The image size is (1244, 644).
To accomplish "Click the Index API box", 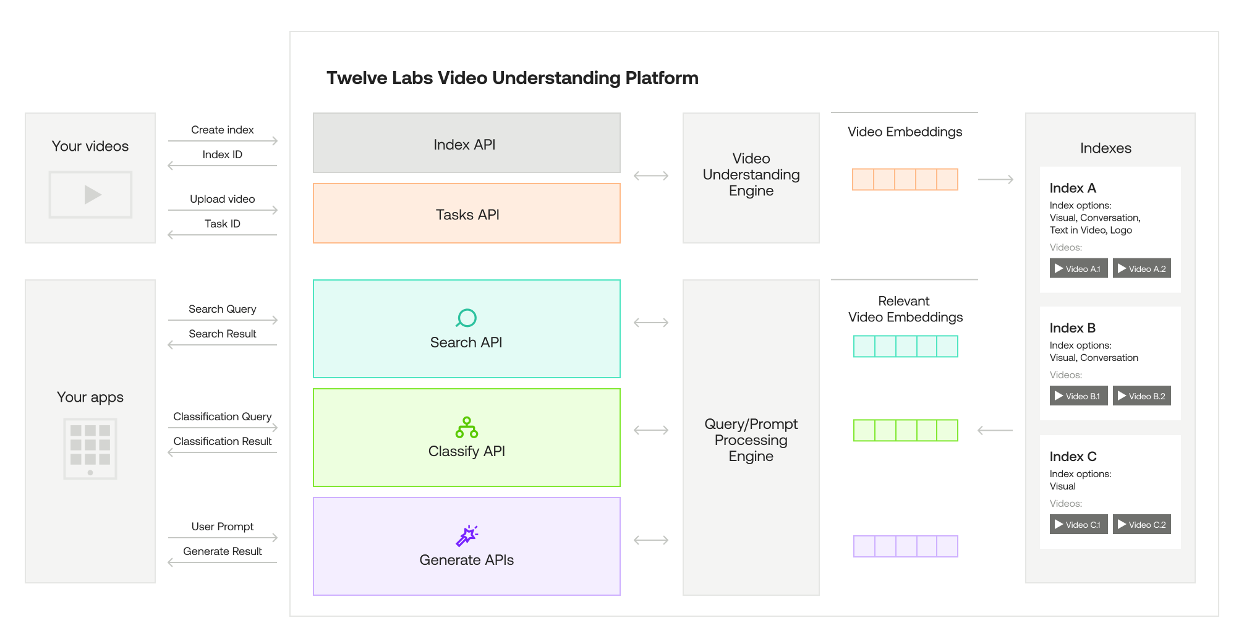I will pos(466,143).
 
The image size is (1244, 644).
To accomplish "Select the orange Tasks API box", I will pos(466,214).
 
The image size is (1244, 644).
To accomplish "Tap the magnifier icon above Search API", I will pos(466,318).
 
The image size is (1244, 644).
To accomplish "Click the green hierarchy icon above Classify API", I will pos(466,427).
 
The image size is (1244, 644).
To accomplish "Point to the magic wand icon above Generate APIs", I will pos(467,535).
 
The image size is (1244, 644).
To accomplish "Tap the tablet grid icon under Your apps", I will pos(90,449).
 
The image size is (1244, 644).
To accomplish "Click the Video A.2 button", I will pos(1141,268).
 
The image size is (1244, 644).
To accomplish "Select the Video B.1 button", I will pos(1078,396).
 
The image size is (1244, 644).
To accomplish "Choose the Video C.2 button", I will pos(1141,524).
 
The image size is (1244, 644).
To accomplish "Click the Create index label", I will pos(222,130).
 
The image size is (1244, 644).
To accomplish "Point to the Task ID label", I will pos(222,224).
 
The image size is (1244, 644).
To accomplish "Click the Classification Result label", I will pos(222,441).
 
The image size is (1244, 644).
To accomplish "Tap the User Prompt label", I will pos(222,527).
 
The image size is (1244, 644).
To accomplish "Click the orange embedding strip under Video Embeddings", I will pos(905,179).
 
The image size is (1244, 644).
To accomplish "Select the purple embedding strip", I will pos(905,546).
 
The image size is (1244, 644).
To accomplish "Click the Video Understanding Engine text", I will pos(751,174).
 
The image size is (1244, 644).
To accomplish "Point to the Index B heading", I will pos(1072,328).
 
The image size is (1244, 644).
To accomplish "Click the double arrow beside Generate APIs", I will pos(651,540).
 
